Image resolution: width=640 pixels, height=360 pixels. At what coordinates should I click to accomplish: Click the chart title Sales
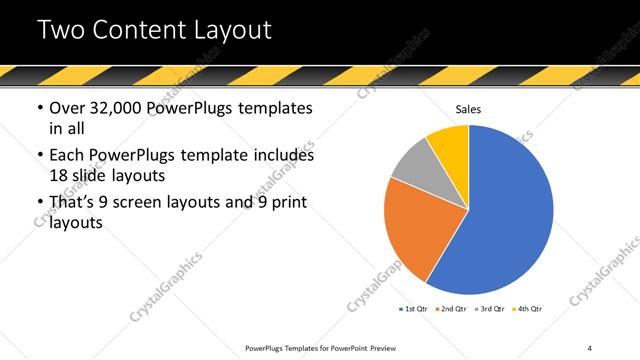[x=468, y=109]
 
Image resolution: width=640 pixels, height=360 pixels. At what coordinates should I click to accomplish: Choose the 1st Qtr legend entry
[x=413, y=309]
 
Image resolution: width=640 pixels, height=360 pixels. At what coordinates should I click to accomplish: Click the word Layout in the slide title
[x=231, y=30]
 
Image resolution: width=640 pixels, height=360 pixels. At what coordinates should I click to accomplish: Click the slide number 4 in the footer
[x=590, y=347]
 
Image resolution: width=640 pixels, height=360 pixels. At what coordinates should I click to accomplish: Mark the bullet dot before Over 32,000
[x=39, y=109]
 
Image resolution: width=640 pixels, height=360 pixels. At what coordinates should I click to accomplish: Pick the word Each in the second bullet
[x=67, y=156]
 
